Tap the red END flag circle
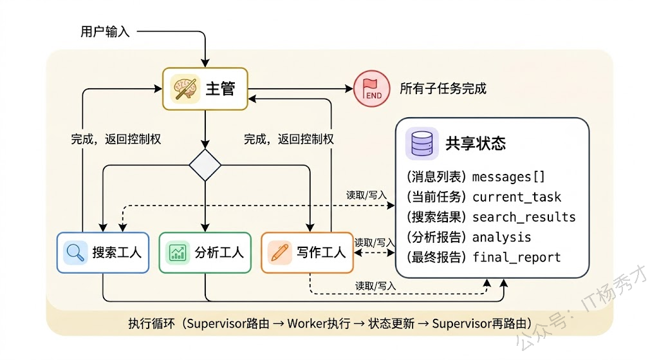tap(372, 88)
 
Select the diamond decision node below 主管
tap(205, 165)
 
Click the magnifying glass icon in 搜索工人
tap(75, 252)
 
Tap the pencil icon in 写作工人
tap(279, 252)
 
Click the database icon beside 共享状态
tap(422, 143)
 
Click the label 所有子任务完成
tap(443, 88)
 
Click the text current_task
tap(517, 197)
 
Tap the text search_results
tap(524, 217)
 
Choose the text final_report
tap(517, 258)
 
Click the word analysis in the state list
tap(501, 237)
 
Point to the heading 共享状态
tap(476, 143)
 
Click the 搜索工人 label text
tap(116, 252)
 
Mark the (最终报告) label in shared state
tap(436, 258)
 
